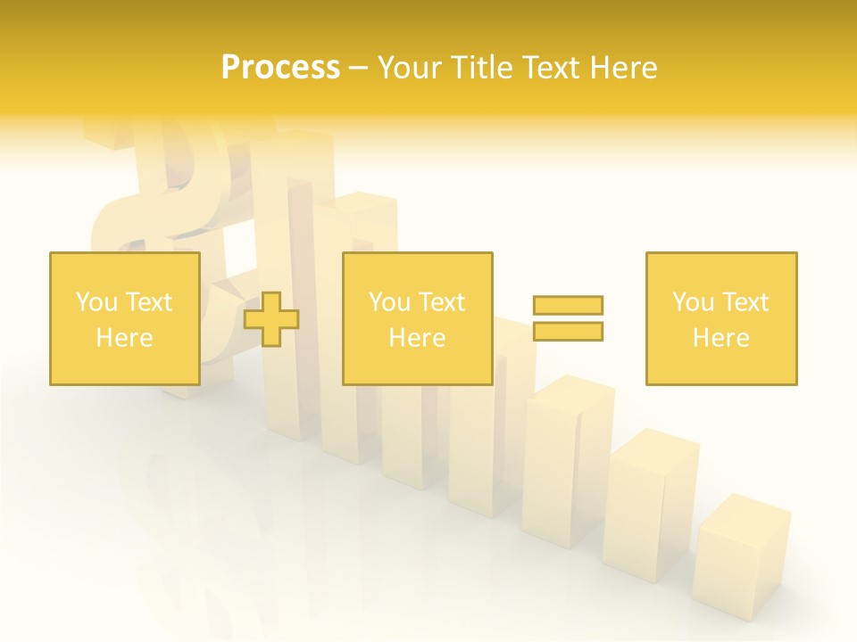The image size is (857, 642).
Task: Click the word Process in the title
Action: (280, 68)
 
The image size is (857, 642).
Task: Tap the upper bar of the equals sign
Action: (568, 305)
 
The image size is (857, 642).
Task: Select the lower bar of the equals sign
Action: (568, 331)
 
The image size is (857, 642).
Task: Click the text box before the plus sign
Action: (125, 318)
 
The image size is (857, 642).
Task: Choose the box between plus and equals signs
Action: (417, 318)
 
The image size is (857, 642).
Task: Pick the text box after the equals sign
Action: (721, 318)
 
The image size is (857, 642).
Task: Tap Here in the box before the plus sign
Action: (124, 338)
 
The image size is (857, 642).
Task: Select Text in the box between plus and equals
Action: (442, 302)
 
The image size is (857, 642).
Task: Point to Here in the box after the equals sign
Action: (720, 338)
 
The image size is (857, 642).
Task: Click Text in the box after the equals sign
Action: (745, 302)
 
